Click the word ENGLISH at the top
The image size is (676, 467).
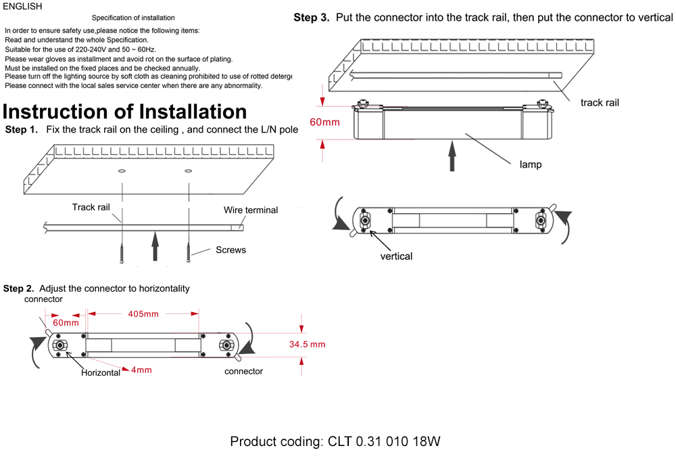[x=22, y=7]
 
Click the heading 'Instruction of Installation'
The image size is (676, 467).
[x=125, y=112]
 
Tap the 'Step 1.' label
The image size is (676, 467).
[x=22, y=129]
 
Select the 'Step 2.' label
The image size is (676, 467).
[x=19, y=288]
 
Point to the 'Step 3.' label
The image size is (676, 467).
[x=312, y=18]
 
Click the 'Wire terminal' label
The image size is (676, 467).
[x=251, y=210]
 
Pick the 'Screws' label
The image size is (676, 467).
[x=231, y=250]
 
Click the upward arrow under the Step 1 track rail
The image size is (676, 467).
[x=155, y=245]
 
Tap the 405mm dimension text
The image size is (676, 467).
[x=143, y=313]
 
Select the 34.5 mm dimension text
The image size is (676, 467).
[x=308, y=344]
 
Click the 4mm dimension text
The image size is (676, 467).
[x=141, y=370]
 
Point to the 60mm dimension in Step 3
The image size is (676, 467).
[x=325, y=123]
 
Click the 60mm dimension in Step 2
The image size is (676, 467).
[x=66, y=323]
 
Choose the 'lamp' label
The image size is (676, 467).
[x=530, y=164]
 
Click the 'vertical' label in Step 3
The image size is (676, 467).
[x=396, y=256]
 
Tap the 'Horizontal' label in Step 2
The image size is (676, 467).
[x=101, y=372]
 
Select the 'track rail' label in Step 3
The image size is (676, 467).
[x=600, y=102]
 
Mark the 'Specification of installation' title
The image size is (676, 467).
[x=133, y=18]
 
